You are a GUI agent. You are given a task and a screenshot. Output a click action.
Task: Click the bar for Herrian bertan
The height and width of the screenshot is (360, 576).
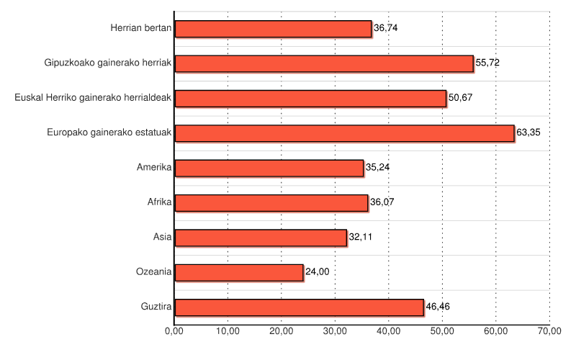[x=273, y=29]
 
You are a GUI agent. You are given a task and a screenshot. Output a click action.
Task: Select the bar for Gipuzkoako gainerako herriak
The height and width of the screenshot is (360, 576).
[x=324, y=63]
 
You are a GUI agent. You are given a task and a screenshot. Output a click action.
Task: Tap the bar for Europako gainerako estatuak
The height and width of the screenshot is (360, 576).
[x=344, y=133]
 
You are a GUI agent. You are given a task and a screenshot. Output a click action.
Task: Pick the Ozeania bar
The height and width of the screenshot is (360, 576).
[x=239, y=272]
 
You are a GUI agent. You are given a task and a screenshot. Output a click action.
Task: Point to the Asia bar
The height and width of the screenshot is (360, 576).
[x=261, y=238]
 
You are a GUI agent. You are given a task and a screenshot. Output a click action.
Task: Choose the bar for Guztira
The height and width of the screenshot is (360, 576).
[x=299, y=307]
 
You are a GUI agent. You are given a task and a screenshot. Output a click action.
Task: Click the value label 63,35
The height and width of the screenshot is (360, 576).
[x=528, y=133]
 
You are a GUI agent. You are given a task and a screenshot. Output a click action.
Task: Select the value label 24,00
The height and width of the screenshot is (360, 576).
[x=318, y=272]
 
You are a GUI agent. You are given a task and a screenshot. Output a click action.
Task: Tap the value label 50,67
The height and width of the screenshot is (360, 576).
[x=461, y=99]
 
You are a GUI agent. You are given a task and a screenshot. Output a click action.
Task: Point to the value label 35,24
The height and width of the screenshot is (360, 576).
[x=378, y=168]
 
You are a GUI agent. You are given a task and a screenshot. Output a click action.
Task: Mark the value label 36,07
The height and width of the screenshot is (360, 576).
[x=382, y=203]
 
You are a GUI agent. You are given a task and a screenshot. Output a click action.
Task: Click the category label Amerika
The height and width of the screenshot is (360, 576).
[x=153, y=168]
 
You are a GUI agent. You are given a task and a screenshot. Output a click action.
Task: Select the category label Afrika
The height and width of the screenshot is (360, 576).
[x=159, y=202]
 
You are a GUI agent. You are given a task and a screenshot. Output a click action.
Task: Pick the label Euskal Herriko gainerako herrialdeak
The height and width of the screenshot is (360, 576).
[x=93, y=98]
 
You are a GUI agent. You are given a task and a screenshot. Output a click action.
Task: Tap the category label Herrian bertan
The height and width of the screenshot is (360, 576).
[x=140, y=29]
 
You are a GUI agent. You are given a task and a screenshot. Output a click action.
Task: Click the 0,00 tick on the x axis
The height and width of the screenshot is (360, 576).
[x=174, y=330]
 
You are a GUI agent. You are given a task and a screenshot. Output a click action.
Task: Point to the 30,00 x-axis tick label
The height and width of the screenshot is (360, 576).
[x=335, y=330]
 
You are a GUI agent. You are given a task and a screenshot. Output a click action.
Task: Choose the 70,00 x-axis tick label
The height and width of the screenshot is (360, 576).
[x=549, y=330]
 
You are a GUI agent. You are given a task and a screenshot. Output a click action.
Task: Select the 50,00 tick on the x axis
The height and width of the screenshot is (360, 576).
[x=442, y=330]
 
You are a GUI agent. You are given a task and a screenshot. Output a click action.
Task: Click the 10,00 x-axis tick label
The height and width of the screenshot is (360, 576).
[x=228, y=330]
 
